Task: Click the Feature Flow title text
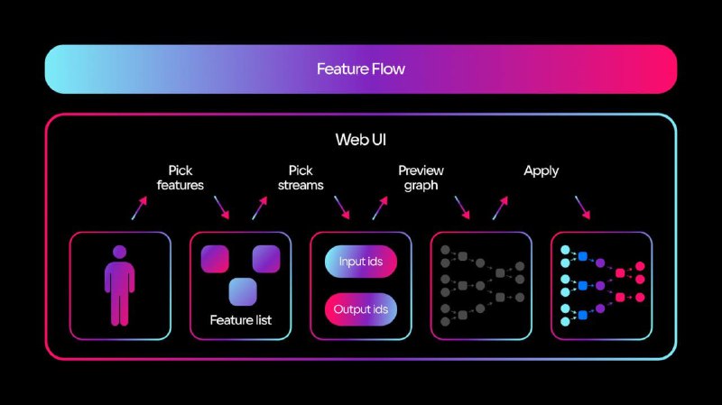360,69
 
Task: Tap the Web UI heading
360,140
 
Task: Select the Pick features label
180,178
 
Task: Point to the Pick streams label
301,178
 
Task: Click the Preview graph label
421,178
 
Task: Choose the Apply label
541,170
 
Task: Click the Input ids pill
360,262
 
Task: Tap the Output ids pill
360,308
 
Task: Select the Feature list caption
240,320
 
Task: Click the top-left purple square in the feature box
216,259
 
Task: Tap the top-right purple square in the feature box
266,259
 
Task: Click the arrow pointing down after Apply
582,208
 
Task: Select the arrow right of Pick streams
341,208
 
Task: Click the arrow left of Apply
499,208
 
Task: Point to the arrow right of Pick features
221,208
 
